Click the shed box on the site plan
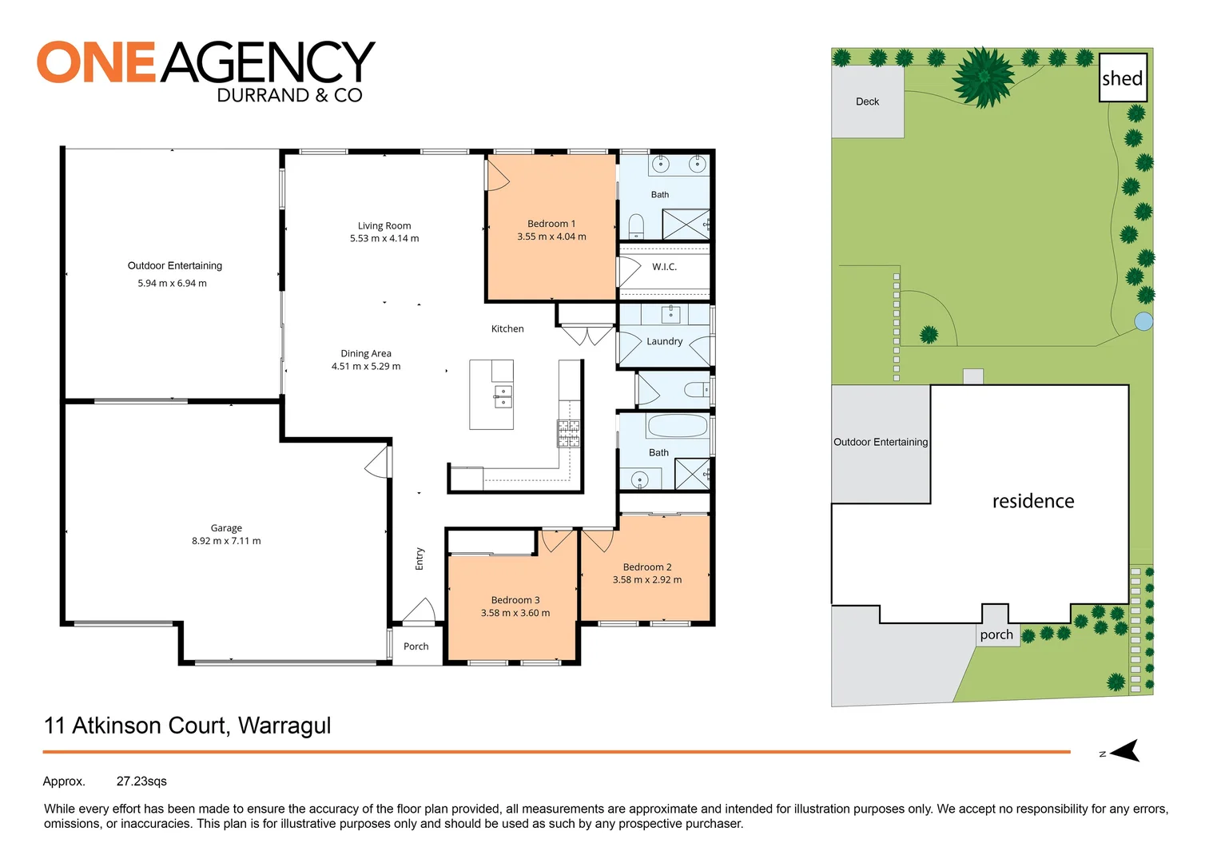tap(1123, 78)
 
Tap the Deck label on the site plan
tap(867, 101)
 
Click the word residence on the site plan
tap(1032, 501)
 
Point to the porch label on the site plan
tap(996, 634)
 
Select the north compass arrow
tap(1124, 751)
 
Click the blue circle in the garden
tap(1143, 321)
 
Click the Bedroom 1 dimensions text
tap(551, 237)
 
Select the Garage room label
tap(226, 528)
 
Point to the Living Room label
tap(384, 226)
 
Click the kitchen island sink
tap(503, 396)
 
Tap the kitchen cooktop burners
tap(568, 433)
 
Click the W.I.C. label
tap(664, 267)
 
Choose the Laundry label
tap(664, 341)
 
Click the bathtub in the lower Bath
tap(677, 425)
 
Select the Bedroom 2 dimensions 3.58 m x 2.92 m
tap(647, 580)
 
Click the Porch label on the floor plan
tap(416, 646)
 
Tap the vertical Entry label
tap(420, 559)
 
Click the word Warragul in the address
tap(284, 726)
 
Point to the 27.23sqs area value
tap(141, 781)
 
